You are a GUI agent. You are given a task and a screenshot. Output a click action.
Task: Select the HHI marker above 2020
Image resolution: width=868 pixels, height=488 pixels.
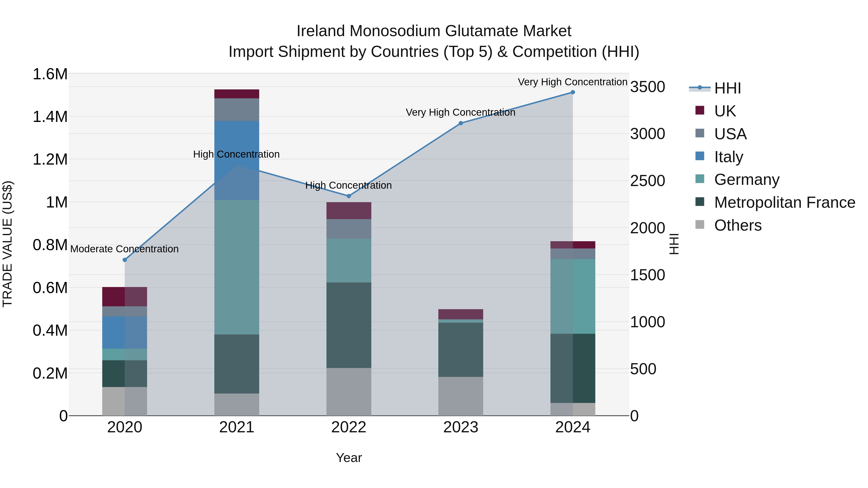point(125,260)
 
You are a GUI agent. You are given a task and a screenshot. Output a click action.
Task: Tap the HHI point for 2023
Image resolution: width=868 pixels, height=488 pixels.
point(461,123)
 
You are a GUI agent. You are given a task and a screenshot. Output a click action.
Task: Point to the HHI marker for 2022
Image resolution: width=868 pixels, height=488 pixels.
point(349,196)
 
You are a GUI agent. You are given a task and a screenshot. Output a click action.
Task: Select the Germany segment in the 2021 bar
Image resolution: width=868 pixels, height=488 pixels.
point(237,267)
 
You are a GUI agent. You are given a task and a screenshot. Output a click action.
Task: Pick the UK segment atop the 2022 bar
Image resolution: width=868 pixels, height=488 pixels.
point(349,210)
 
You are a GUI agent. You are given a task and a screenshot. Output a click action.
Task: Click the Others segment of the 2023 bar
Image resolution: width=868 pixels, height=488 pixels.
point(461,396)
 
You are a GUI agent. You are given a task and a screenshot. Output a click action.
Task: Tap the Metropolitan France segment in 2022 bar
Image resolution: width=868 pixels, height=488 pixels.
point(349,325)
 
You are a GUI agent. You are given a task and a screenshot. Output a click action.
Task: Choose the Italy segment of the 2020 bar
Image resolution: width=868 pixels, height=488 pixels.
point(125,332)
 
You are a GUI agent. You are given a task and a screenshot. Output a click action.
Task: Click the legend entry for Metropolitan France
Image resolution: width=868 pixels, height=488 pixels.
point(784,202)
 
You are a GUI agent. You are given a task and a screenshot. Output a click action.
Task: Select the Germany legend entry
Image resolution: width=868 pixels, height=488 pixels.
point(747,180)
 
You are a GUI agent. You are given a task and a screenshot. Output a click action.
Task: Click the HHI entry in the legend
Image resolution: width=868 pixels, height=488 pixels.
point(727,88)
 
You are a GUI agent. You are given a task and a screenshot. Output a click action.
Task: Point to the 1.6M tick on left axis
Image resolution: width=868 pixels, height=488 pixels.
point(50,74)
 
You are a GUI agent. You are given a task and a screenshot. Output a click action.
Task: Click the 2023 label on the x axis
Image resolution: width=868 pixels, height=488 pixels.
point(461,427)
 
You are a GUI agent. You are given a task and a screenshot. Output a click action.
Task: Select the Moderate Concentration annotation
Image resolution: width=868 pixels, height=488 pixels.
point(124,249)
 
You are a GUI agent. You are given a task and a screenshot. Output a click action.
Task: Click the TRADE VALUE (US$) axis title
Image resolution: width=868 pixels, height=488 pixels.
point(7,244)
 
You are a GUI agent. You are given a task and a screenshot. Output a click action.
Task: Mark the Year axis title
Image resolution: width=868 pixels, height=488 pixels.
point(349,458)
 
